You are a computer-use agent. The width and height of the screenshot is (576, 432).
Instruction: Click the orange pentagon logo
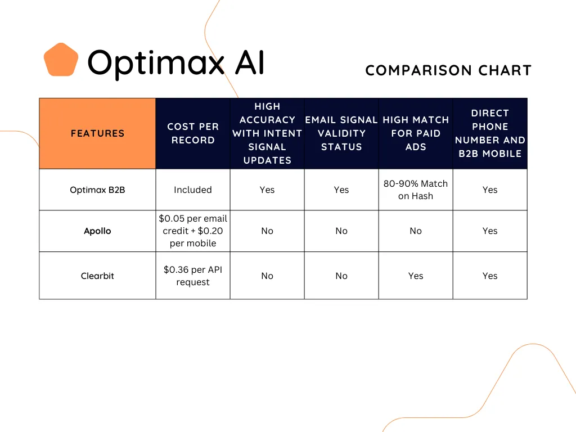click(x=61, y=60)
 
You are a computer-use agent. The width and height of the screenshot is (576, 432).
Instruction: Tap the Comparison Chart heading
click(x=448, y=70)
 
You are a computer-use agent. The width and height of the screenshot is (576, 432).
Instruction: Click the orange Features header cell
click(x=97, y=133)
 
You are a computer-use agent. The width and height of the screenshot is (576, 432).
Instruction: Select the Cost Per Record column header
click(x=193, y=133)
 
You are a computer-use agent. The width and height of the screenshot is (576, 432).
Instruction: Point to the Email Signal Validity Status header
click(x=341, y=133)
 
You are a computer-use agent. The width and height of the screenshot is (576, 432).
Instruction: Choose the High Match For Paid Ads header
click(x=416, y=133)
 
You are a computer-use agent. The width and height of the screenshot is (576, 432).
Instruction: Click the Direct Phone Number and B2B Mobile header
click(x=490, y=133)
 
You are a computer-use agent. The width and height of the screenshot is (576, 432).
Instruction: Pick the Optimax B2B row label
click(x=97, y=190)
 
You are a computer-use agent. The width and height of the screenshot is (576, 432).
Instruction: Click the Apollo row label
click(x=97, y=231)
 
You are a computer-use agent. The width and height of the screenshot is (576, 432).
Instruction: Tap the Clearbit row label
click(x=97, y=276)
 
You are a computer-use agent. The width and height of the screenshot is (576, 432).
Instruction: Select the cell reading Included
click(x=193, y=190)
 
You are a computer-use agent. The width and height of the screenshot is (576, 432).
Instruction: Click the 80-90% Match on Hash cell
click(x=416, y=190)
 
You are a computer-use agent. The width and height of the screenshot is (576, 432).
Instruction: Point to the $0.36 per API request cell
click(x=193, y=276)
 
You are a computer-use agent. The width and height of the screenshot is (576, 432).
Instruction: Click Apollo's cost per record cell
click(x=193, y=231)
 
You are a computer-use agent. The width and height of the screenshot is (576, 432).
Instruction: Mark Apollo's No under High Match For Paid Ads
click(x=416, y=231)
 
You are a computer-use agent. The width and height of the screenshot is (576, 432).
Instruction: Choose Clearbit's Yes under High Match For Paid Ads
click(x=416, y=276)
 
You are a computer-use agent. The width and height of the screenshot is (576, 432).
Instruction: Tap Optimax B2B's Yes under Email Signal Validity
click(x=341, y=190)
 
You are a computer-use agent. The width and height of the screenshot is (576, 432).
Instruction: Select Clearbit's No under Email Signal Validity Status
click(x=341, y=276)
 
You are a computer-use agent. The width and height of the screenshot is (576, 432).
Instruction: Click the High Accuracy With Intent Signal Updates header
click(x=267, y=133)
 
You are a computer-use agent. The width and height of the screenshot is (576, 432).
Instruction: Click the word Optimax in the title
click(x=156, y=63)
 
